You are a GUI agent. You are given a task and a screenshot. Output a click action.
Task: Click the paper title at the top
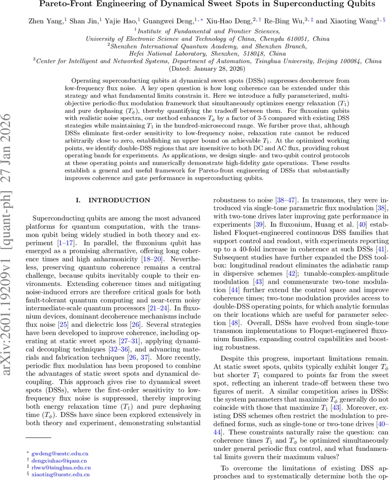point(194,4)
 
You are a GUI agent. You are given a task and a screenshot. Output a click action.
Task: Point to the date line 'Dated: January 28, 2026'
point(194,68)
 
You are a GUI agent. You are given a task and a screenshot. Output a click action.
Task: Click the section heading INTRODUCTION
point(119,200)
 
